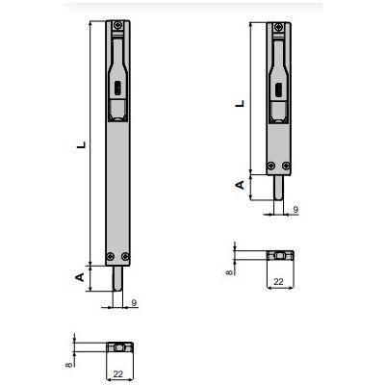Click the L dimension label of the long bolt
click(x=81, y=146)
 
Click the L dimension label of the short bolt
click(x=238, y=100)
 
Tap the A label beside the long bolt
click(x=81, y=277)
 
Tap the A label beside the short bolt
click(x=239, y=185)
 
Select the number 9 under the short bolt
click(x=294, y=209)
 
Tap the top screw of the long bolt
click(x=116, y=26)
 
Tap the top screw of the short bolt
click(x=277, y=26)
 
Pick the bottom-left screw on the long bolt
click(x=111, y=255)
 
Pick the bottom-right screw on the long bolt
click(x=125, y=255)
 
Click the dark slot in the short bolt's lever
click(x=278, y=90)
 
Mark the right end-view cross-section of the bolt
click(x=279, y=255)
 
